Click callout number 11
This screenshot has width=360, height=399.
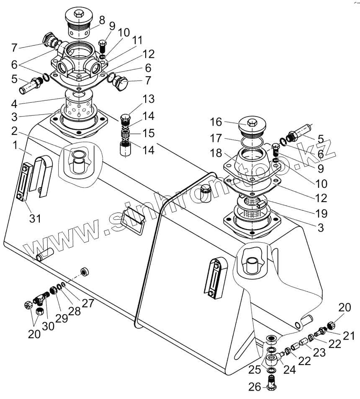point(138,40)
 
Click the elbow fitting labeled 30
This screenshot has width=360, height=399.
point(42,298)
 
